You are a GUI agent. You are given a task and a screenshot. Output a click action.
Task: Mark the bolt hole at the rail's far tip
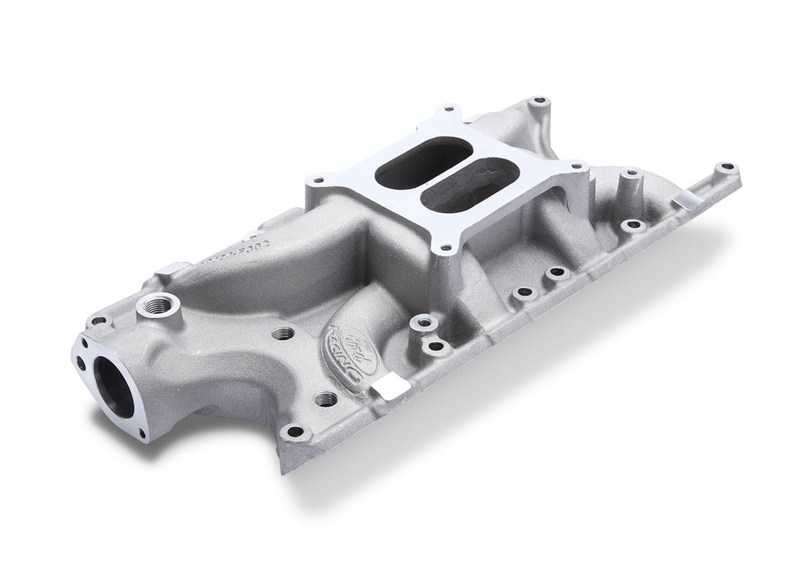722,167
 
